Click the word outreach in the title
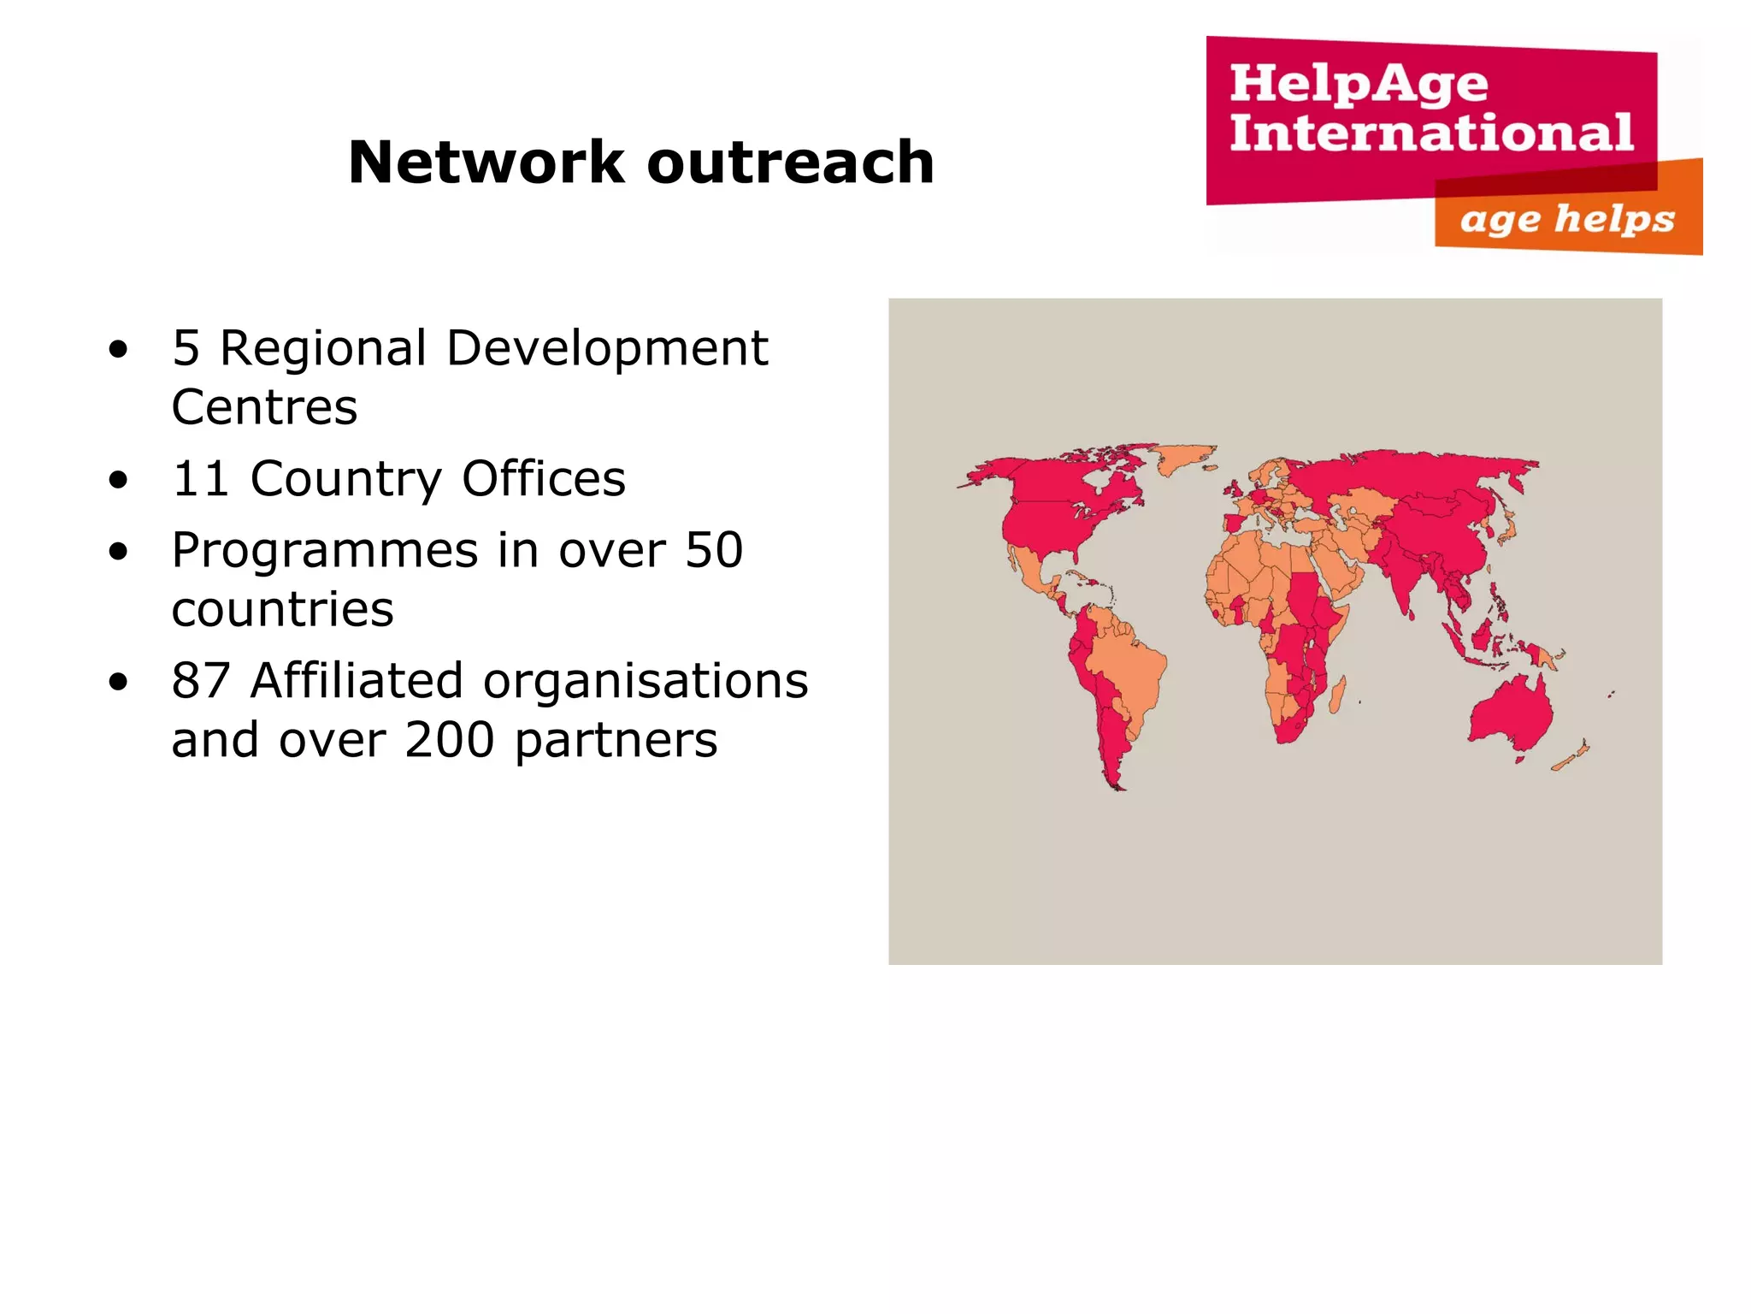pos(790,163)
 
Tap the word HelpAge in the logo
pos(1359,84)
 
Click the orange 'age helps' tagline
pos(1566,219)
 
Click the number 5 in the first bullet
pos(186,348)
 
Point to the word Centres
pos(264,407)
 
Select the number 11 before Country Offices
pos(200,478)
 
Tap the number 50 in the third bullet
pos(714,550)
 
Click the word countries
pos(282,609)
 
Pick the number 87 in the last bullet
pos(201,681)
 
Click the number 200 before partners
pos(450,740)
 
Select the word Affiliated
pos(357,681)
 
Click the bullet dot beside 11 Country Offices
pos(118,479)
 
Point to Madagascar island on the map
pos(1336,695)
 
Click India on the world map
pos(1402,582)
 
